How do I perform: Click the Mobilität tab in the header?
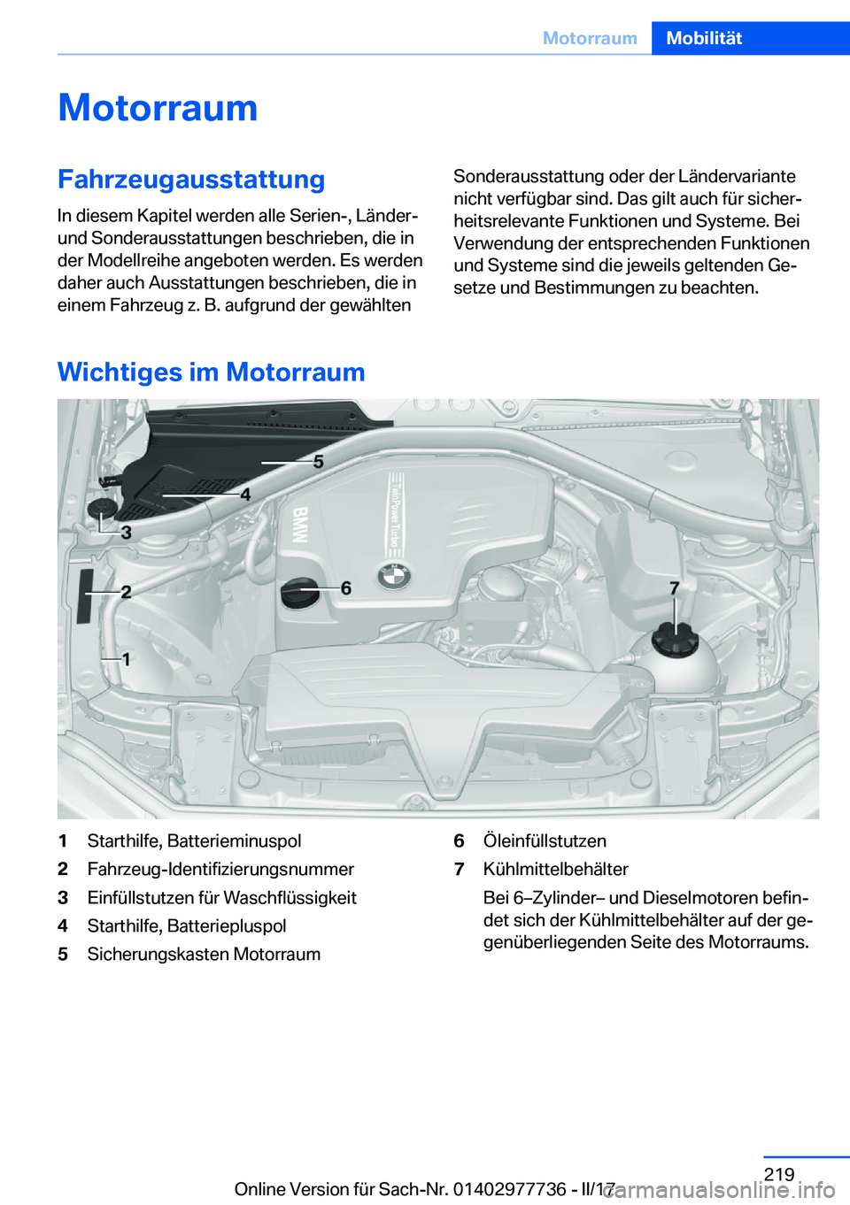coord(704,38)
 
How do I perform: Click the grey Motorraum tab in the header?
coord(590,38)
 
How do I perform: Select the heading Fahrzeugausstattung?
coord(191,179)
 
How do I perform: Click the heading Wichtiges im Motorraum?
coord(211,372)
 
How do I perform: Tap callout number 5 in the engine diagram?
coord(319,461)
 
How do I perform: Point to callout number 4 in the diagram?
coord(245,495)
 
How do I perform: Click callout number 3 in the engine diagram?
coord(127,532)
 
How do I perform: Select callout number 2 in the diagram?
coord(126,591)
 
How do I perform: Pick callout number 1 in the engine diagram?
coord(127,658)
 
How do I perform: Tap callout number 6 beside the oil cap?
coord(346,587)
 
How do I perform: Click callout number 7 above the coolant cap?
coord(675,587)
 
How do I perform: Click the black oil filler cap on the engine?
coord(299,593)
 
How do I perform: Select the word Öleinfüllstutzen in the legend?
coord(545,840)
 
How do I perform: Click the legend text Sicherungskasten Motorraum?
coord(204,954)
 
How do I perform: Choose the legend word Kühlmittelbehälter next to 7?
coord(555,869)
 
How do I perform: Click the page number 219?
coord(778,1174)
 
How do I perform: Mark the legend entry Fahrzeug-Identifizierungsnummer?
coord(220,869)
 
